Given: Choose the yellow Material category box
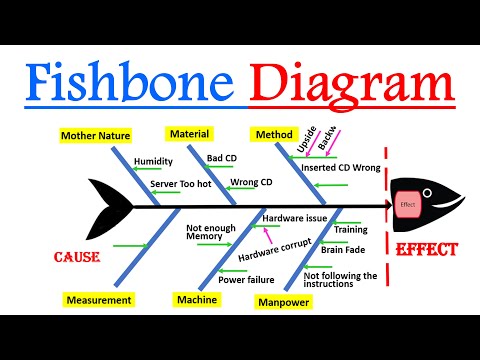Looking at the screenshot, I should click(189, 133).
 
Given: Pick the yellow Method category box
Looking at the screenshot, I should click(273, 133).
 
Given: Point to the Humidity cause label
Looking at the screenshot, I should click(153, 160).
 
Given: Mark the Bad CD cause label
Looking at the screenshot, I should click(221, 158).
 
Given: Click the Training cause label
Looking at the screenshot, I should click(350, 230).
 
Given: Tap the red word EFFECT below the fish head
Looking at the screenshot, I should click(427, 249).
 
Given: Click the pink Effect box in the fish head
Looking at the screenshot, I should click(407, 204).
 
